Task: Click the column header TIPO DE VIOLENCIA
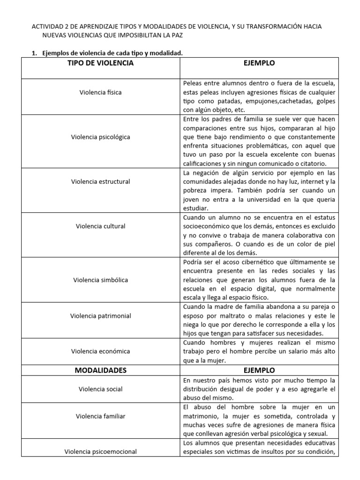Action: coord(100,63)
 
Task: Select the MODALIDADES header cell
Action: coord(100,370)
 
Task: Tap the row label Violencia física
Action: coord(100,92)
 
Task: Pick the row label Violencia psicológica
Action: coord(100,137)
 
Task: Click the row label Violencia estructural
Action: coord(100,181)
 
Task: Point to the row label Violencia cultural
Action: coord(100,226)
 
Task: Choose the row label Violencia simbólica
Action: coord(100,280)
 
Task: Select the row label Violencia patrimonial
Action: coord(100,315)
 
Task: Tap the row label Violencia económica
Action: coord(100,351)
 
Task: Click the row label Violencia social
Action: coord(100,389)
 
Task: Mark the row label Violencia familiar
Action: coord(100,416)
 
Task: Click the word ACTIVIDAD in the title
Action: coord(46,27)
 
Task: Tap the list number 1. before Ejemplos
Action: coord(35,53)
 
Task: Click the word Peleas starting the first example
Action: coord(192,83)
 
